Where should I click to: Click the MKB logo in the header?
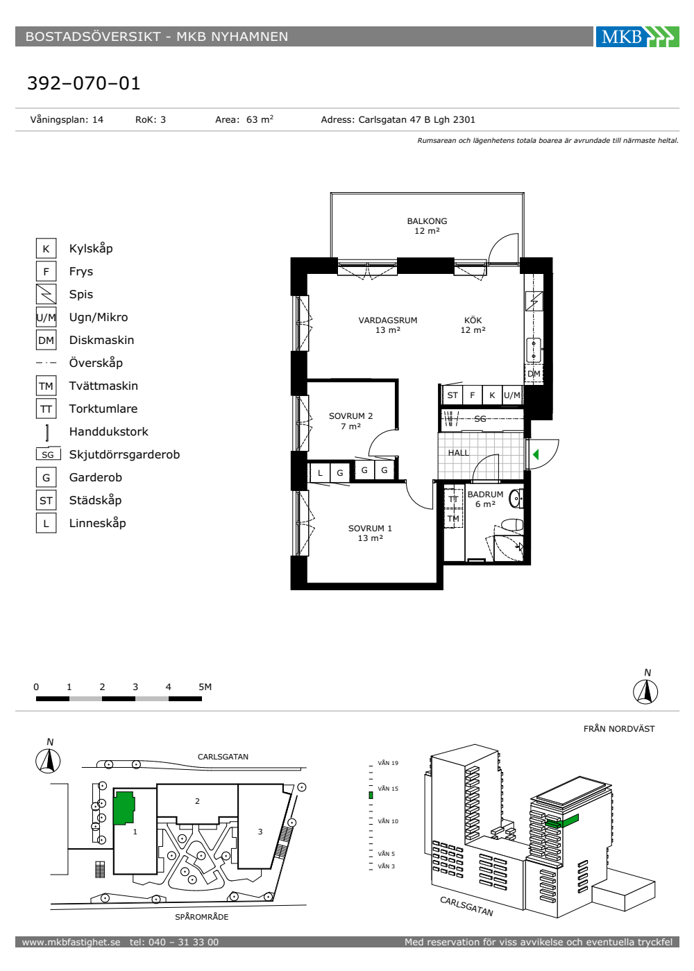637,36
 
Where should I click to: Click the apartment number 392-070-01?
84,83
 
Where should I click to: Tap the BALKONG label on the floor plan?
427,221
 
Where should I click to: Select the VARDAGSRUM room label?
388,320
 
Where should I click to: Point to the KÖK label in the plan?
473,320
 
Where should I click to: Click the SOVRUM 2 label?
350,416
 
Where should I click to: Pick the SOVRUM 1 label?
370,529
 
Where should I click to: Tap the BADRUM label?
485,495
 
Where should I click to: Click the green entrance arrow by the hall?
536,454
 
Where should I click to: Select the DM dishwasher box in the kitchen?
534,374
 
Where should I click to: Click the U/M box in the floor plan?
512,395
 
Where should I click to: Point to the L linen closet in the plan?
320,472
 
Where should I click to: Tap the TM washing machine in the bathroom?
453,519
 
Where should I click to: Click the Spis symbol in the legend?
46,294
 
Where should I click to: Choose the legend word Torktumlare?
103,409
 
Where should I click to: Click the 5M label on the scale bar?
205,687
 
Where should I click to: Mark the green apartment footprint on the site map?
124,808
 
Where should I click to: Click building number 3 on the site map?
260,832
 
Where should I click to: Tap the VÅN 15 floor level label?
388,789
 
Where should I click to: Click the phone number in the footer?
174,942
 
